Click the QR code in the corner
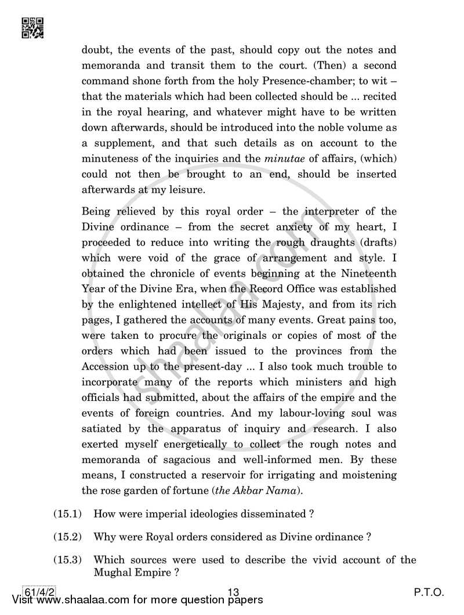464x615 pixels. click(32, 27)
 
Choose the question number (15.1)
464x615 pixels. click(68, 513)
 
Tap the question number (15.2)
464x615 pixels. click(68, 537)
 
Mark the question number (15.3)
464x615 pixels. click(68, 560)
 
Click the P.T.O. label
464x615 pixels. click(428, 592)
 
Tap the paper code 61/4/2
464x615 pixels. click(38, 592)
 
